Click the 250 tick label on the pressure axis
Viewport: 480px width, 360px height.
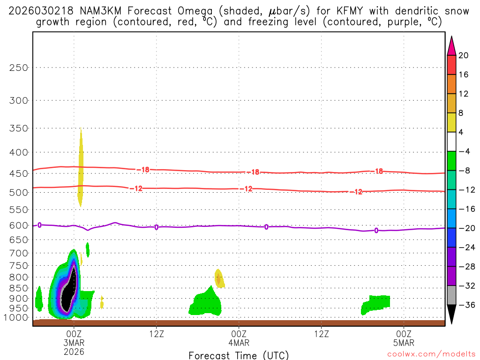[19, 67]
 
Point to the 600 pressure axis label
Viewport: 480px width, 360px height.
[19, 225]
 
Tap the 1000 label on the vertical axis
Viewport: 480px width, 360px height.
[16, 318]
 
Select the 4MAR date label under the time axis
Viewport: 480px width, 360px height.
[239, 343]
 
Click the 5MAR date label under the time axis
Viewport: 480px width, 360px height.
[404, 343]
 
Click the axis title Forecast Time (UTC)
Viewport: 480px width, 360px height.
[239, 355]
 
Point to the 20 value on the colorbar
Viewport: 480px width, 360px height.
[464, 55]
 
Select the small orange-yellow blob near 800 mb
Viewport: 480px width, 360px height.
[218, 277]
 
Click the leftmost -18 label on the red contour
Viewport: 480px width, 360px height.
[144, 169]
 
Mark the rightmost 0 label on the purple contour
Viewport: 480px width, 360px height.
[376, 230]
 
